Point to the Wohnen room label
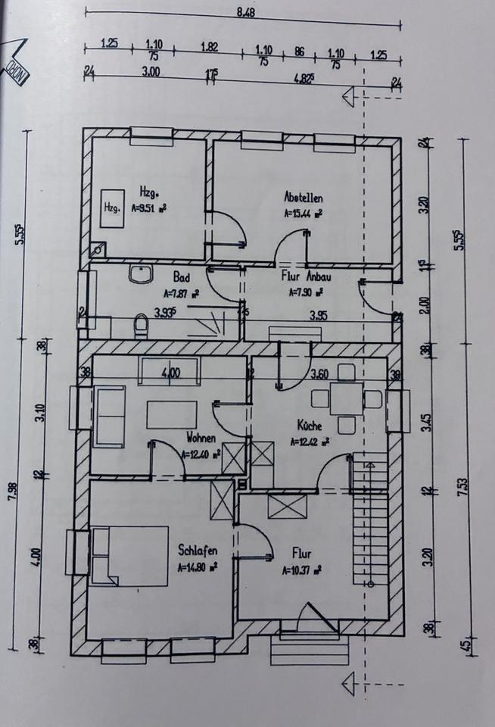click(201, 438)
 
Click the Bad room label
click(181, 277)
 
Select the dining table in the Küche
click(346, 399)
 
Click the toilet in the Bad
click(140, 326)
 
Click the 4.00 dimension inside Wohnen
click(170, 373)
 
